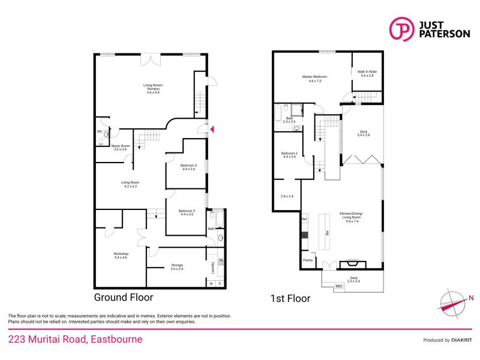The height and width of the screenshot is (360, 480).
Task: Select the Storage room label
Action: pos(176,266)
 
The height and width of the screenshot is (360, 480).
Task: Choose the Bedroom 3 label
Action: pos(187,212)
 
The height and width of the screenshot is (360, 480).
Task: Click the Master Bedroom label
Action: pos(315,78)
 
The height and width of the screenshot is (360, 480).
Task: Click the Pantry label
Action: pos(308,260)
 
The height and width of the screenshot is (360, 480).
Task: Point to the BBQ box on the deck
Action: pos(339,286)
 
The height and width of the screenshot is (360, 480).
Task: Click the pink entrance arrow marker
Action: pos(211,128)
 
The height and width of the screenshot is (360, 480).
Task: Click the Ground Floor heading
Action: pos(123,297)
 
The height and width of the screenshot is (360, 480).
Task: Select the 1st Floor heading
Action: pos(290,298)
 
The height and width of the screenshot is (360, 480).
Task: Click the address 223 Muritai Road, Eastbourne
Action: pos(75,339)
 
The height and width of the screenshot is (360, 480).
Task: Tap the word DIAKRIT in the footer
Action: pos(462,340)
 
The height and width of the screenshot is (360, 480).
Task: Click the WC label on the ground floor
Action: pos(100,131)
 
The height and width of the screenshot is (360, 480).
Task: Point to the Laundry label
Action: pos(213,267)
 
